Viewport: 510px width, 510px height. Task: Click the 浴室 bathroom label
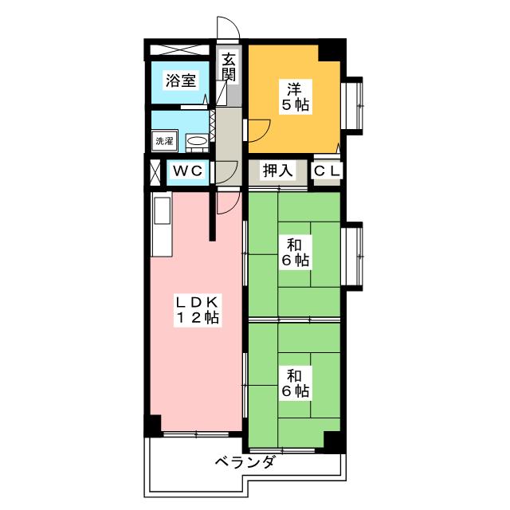coord(181,80)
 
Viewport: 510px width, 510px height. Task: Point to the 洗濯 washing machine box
coord(164,141)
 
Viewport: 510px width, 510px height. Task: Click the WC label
coord(189,170)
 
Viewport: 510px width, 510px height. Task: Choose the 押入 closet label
coord(279,170)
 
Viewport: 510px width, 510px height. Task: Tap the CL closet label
coord(327,170)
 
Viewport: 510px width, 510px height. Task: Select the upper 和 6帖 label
coord(294,252)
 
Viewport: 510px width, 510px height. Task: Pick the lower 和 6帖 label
coord(294,383)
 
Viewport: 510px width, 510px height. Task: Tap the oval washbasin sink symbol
coord(197,142)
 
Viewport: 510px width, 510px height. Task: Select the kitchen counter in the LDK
coord(162,226)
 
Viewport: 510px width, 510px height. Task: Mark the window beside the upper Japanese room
coord(352,256)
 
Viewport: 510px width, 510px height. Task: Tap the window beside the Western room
coord(352,104)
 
